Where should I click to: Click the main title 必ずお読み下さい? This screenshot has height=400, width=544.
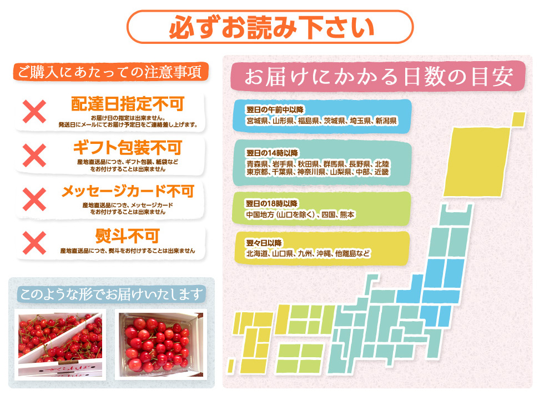[271, 27]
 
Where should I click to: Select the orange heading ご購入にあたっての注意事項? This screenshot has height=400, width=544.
[110, 72]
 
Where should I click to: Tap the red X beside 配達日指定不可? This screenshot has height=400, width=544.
[34, 112]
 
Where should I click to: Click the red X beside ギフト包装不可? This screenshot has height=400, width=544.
[34, 155]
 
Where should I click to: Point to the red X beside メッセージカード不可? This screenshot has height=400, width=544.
[34, 199]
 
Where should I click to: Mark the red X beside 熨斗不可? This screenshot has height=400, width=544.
[34, 243]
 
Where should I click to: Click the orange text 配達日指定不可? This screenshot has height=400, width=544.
[127, 104]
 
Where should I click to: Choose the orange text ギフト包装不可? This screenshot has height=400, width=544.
[127, 148]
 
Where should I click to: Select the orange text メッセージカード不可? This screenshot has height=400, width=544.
[128, 191]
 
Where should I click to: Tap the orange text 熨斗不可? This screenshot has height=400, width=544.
[127, 236]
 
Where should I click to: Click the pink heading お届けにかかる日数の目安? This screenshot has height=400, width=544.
[378, 77]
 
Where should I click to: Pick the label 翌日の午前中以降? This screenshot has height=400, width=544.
[275, 110]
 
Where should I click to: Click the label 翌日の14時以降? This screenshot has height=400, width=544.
[272, 153]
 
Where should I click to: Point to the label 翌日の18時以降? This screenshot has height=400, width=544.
[271, 203]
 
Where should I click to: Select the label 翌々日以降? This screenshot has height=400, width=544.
[264, 243]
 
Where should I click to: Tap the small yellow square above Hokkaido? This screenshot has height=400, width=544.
[518, 119]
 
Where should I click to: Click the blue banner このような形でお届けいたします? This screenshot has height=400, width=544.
[112, 294]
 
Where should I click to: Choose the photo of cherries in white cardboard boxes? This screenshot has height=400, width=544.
[60, 344]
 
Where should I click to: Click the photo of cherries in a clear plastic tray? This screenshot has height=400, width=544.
[161, 344]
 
